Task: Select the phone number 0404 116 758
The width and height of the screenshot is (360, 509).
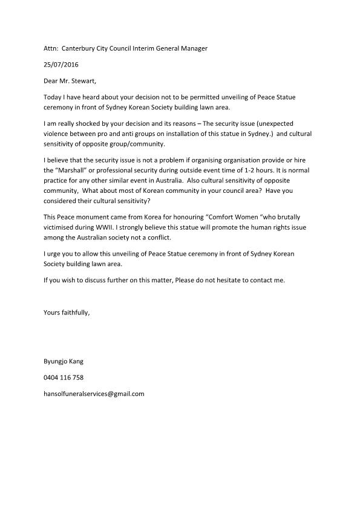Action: click(x=64, y=377)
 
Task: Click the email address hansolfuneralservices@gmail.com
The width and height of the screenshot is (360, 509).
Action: click(x=94, y=394)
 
